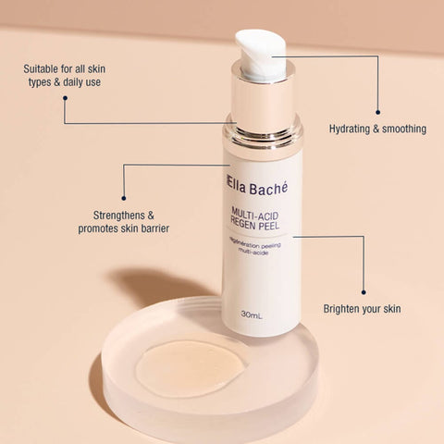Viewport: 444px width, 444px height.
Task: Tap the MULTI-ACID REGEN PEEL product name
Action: click(x=262, y=222)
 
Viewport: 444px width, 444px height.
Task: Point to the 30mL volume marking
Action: click(x=251, y=314)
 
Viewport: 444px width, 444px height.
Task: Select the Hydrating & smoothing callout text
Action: click(x=377, y=129)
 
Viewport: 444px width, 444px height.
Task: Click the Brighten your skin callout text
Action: click(x=362, y=308)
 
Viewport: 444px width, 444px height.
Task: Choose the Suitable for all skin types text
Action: click(x=70, y=76)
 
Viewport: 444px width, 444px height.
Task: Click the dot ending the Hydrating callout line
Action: click(x=377, y=111)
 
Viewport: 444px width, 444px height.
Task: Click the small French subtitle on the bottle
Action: click(x=259, y=247)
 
